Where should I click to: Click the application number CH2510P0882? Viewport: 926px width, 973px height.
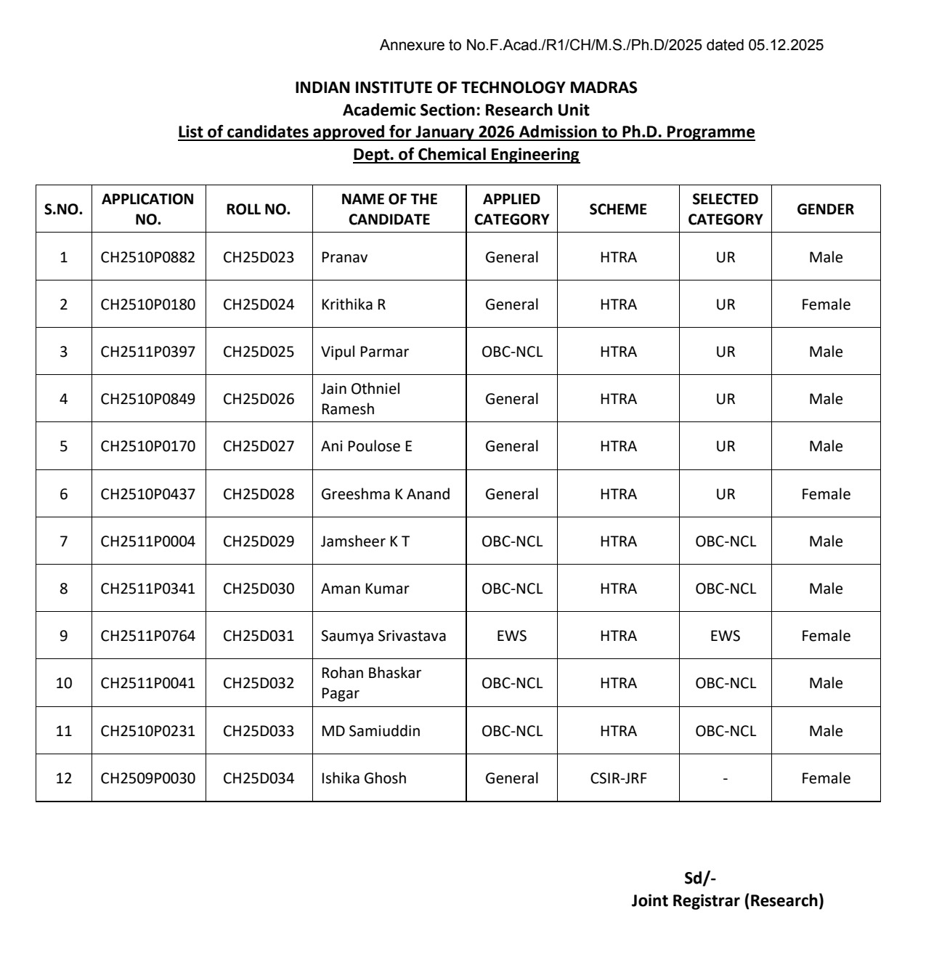pyautogui.click(x=148, y=257)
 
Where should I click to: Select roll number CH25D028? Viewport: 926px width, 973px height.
pyautogui.click(x=259, y=494)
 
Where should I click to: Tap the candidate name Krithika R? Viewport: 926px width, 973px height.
pyautogui.click(x=353, y=304)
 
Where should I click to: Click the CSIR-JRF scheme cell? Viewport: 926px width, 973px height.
pyautogui.click(x=618, y=778)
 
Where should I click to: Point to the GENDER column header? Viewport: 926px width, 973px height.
pyautogui.click(x=825, y=209)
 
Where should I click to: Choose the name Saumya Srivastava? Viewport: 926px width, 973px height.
pyautogui.click(x=383, y=636)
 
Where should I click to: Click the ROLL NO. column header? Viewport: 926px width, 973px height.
pyautogui.click(x=258, y=209)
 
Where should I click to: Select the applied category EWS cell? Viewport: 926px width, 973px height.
pyautogui.click(x=511, y=636)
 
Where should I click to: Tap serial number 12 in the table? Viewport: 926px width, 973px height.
pyautogui.click(x=64, y=778)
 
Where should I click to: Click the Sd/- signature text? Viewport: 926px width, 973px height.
pyautogui.click(x=700, y=878)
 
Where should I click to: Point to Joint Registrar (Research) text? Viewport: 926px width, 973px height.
pyautogui.click(x=727, y=901)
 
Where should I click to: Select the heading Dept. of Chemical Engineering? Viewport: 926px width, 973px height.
pyautogui.click(x=466, y=155)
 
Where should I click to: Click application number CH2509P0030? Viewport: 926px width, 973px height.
pyautogui.click(x=148, y=778)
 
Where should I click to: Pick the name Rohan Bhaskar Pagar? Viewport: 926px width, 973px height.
pyautogui.click(x=370, y=683)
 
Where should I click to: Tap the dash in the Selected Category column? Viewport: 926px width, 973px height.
pyautogui.click(x=725, y=778)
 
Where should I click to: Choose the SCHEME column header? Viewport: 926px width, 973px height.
pyautogui.click(x=618, y=209)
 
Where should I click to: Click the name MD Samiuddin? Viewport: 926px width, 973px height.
pyautogui.click(x=370, y=731)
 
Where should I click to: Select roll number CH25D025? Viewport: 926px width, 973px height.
pyautogui.click(x=259, y=352)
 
